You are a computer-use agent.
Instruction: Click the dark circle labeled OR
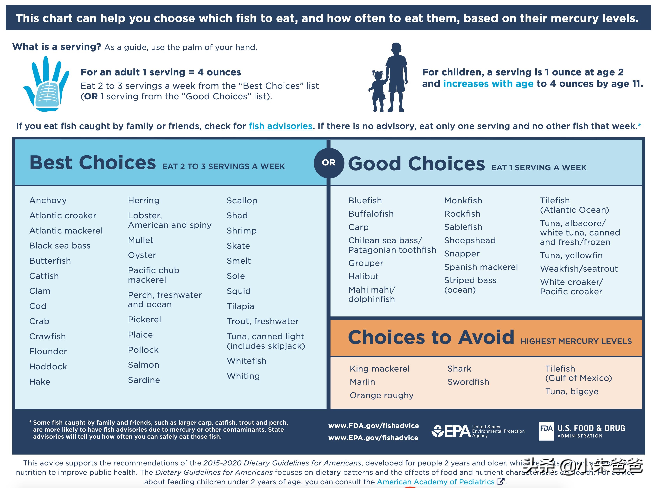click(x=329, y=163)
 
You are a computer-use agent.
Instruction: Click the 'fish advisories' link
click(x=280, y=126)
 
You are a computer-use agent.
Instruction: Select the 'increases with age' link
click(x=488, y=84)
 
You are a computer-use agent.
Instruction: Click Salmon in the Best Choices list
click(x=143, y=365)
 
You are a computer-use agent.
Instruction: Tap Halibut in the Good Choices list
click(x=363, y=276)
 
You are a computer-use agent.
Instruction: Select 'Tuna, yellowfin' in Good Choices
click(x=571, y=255)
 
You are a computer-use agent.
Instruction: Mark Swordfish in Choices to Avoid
click(x=468, y=382)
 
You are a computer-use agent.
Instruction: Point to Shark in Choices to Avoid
click(x=459, y=369)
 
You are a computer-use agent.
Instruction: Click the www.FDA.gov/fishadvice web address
click(x=373, y=426)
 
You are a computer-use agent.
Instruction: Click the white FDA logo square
click(x=546, y=431)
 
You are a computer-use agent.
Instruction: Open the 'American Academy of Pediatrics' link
click(x=436, y=482)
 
